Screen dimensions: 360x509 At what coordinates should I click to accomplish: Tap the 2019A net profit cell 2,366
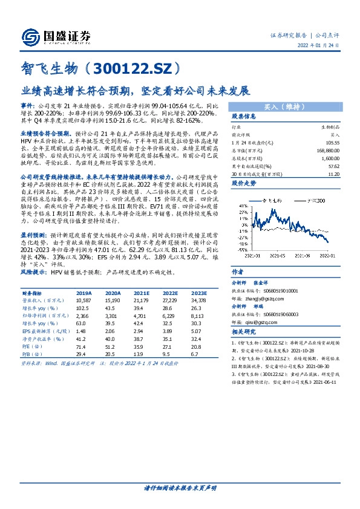click(x=83, y=315)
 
